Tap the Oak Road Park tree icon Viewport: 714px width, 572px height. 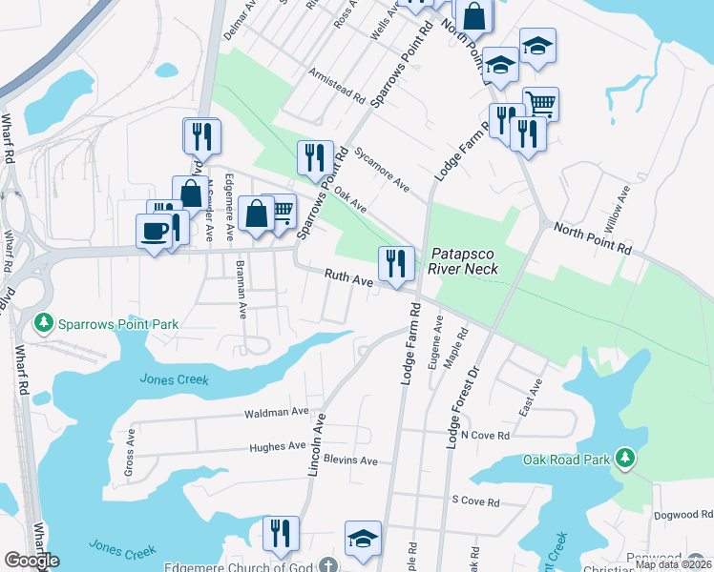tap(625, 460)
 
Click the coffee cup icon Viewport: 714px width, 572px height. tap(155, 230)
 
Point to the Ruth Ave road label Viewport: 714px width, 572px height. tap(347, 278)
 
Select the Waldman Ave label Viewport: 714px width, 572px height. tap(277, 412)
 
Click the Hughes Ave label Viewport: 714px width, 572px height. tap(277, 446)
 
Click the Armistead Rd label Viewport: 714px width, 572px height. tap(338, 85)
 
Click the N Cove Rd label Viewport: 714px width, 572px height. tap(486, 435)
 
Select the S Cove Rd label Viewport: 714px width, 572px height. tap(475, 500)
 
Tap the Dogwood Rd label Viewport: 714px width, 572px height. tap(682, 515)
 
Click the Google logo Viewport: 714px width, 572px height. tap(31, 561)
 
